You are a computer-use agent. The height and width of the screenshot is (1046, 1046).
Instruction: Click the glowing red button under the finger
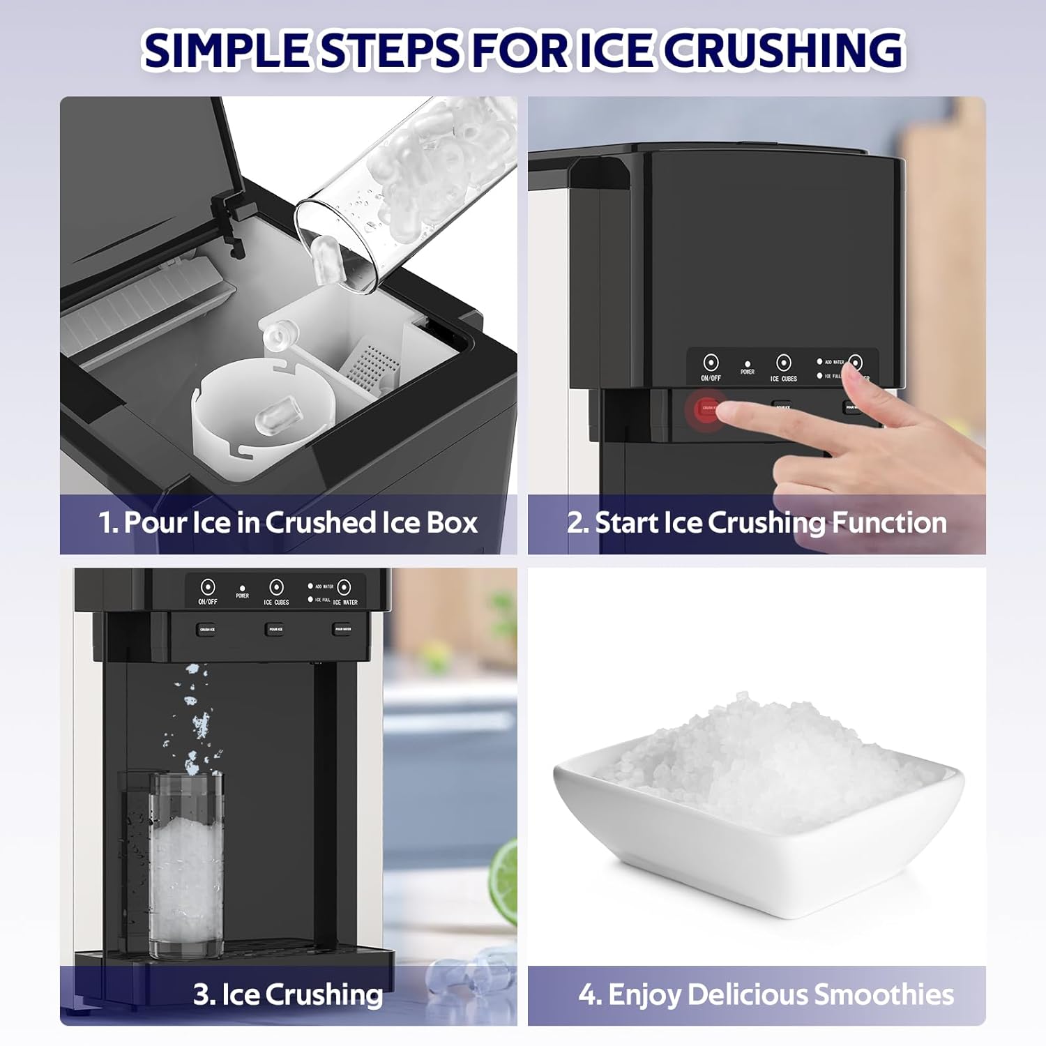pos(706,409)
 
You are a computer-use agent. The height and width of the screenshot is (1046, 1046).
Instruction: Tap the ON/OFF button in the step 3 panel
pos(207,587)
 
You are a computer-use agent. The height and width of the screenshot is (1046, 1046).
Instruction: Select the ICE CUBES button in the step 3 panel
pos(276,587)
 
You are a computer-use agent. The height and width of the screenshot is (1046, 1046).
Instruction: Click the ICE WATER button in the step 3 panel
pos(344,587)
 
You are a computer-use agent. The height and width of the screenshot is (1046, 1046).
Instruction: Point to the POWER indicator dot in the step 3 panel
pos(242,589)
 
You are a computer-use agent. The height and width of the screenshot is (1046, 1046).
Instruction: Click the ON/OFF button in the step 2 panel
pos(711,363)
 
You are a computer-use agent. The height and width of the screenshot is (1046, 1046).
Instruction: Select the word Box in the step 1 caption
pos(451,523)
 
